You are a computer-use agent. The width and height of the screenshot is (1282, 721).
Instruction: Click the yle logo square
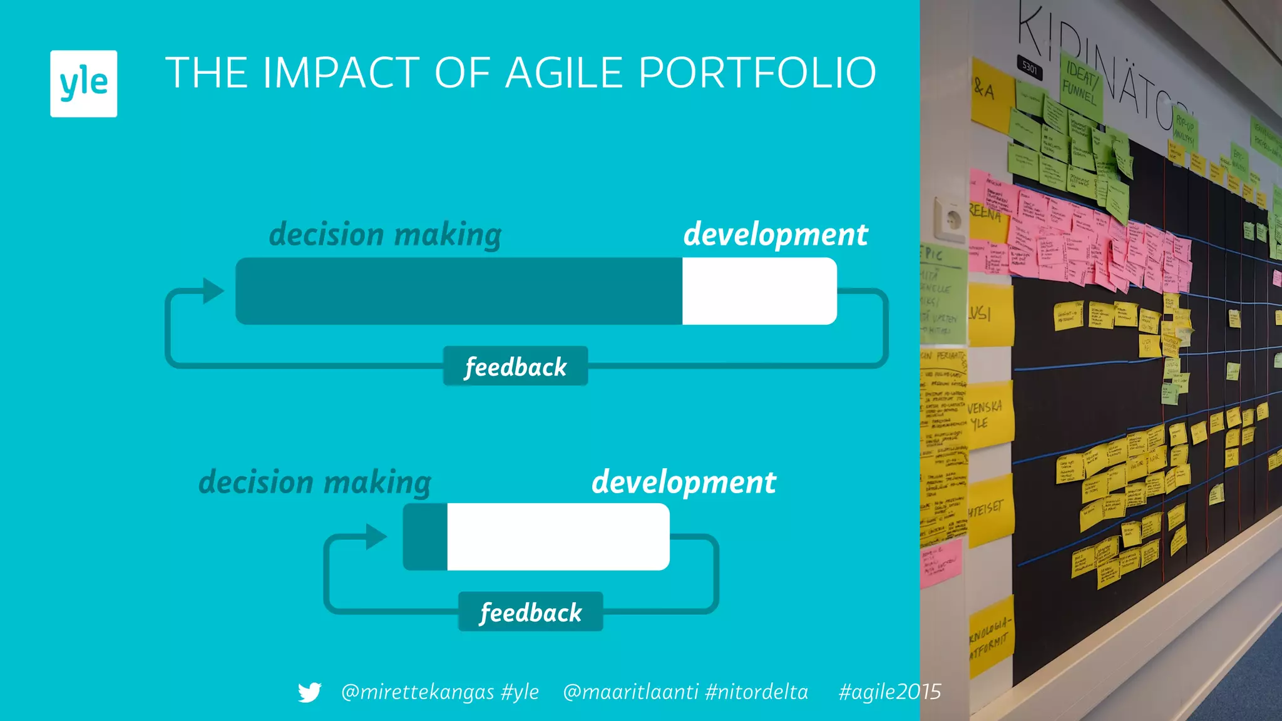click(83, 83)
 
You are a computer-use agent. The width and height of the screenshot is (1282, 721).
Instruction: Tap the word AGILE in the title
click(564, 73)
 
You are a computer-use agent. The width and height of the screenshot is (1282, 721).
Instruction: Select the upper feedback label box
click(515, 366)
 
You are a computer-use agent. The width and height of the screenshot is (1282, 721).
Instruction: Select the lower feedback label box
click(530, 611)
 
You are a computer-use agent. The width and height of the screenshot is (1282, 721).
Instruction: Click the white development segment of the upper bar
click(759, 291)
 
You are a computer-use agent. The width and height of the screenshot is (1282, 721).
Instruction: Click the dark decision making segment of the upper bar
click(458, 291)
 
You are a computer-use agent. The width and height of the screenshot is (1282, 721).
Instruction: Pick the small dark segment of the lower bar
click(425, 537)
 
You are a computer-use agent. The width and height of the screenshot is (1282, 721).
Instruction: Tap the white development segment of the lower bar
click(558, 537)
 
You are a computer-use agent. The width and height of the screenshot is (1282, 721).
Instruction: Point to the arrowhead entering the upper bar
click(213, 291)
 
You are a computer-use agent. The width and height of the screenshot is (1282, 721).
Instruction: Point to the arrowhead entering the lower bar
click(376, 537)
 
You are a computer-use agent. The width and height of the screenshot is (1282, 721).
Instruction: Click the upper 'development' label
click(775, 235)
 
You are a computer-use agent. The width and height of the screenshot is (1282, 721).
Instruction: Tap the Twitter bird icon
click(309, 692)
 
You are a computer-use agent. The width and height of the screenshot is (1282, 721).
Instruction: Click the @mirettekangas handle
click(417, 692)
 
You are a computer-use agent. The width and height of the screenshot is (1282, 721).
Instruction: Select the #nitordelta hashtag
click(756, 692)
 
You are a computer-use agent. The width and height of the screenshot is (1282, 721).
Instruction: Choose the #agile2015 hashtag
click(890, 692)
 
